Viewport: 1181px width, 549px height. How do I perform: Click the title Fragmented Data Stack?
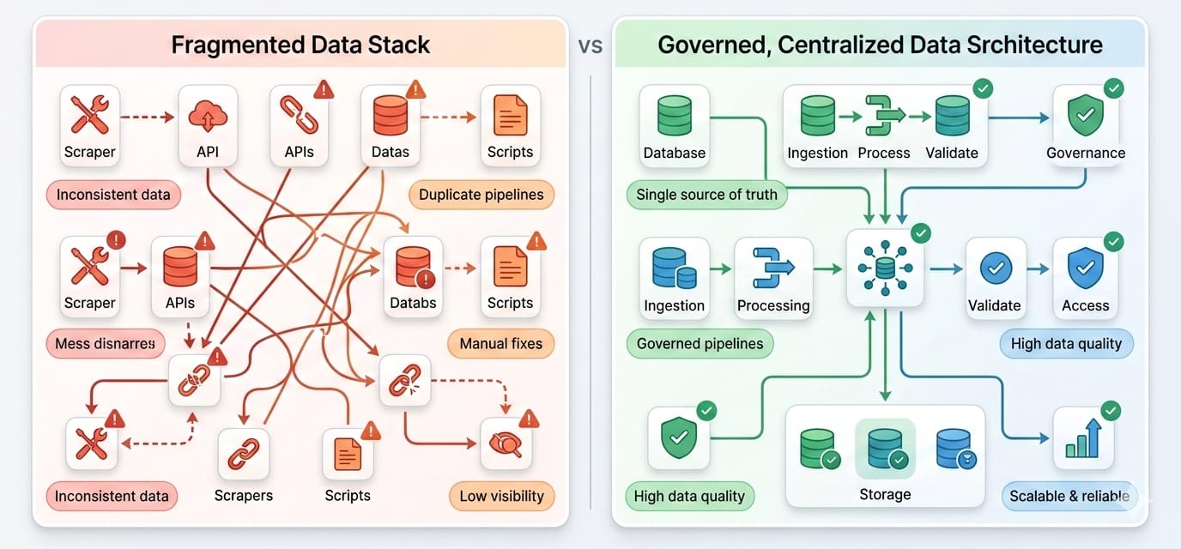(x=300, y=45)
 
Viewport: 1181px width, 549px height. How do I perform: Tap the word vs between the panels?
(x=590, y=45)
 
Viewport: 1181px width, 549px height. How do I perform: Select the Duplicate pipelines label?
(x=481, y=195)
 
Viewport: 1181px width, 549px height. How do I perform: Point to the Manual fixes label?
(x=501, y=344)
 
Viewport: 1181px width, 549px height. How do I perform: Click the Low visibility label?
(x=501, y=496)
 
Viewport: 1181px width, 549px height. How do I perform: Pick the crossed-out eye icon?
(x=506, y=443)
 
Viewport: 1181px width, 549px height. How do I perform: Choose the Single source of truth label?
(x=706, y=195)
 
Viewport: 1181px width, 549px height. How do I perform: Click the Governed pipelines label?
(x=700, y=344)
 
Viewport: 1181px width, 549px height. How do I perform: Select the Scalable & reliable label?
(x=1069, y=496)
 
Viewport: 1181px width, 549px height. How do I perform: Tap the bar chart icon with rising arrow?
(x=1083, y=438)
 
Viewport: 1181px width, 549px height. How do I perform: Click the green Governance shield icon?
(x=1085, y=116)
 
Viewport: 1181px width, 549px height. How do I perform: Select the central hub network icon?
(x=884, y=268)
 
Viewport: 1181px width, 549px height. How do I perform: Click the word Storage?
(x=885, y=494)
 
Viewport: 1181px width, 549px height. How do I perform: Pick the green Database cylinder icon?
(x=674, y=115)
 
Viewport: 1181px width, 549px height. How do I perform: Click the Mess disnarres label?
(x=106, y=344)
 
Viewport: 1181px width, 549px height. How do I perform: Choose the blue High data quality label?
(x=1066, y=344)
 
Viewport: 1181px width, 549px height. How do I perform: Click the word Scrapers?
(x=244, y=495)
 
